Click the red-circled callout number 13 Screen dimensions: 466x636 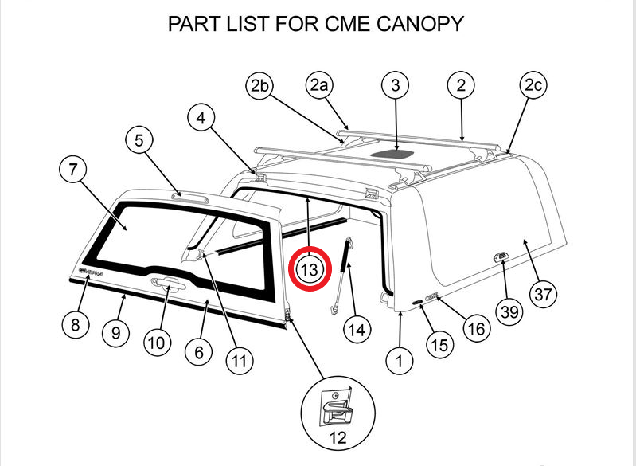tap(309, 269)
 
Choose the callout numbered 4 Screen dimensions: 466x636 tap(202, 119)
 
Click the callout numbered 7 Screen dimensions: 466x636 tap(73, 170)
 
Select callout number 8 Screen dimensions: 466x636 tap(76, 324)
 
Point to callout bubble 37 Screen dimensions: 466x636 tap(543, 294)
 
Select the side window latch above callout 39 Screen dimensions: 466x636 tap(500, 256)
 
